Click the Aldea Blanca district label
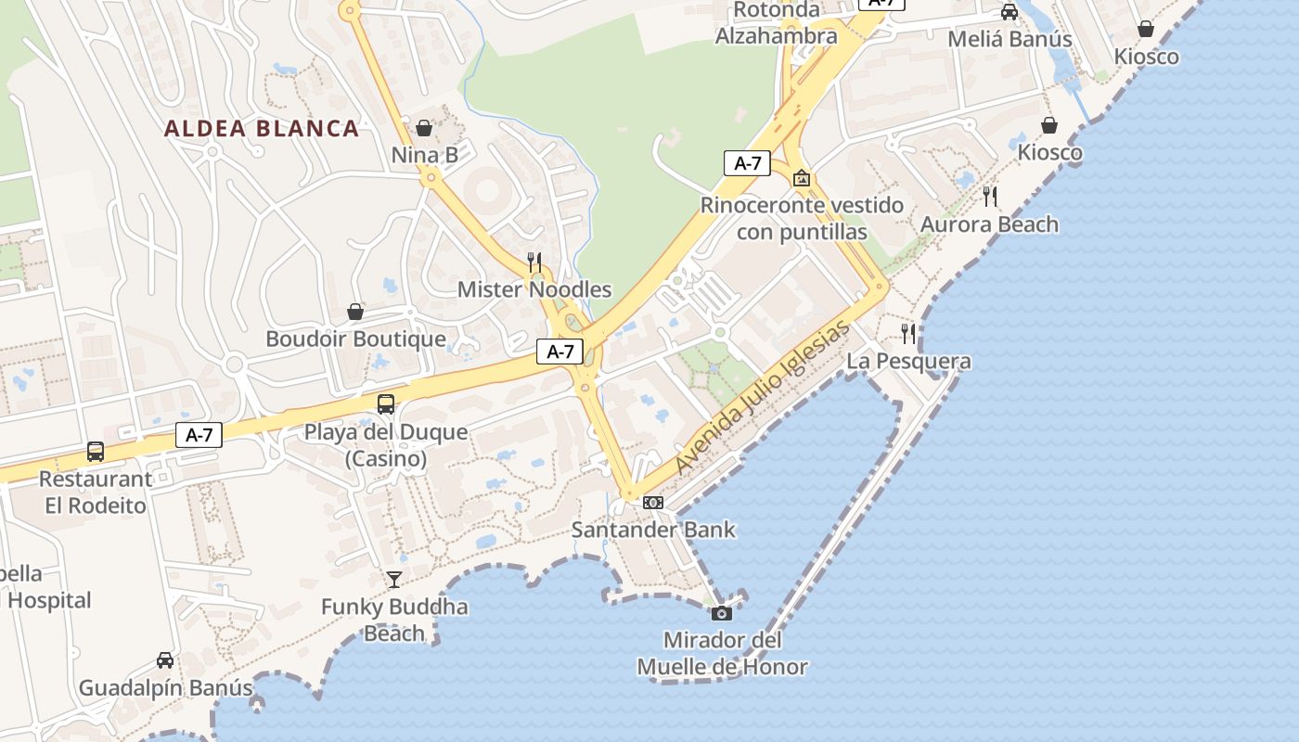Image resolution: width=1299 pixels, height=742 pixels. click(x=262, y=128)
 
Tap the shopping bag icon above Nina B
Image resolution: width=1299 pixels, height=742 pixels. click(x=424, y=128)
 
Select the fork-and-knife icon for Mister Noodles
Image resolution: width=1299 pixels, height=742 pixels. click(x=534, y=262)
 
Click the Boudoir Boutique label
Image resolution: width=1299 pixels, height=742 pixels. click(x=355, y=339)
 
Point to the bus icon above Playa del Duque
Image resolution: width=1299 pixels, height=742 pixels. click(x=385, y=404)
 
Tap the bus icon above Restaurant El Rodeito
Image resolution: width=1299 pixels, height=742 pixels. click(x=95, y=452)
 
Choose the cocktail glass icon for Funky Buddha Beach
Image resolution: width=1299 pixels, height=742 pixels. click(x=394, y=580)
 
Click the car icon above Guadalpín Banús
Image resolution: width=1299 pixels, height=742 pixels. click(x=165, y=660)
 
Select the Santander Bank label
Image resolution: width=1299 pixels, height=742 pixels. click(x=652, y=530)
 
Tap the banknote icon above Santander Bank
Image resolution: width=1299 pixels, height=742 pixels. click(x=652, y=503)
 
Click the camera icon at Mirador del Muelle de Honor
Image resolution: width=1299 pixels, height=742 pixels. click(x=721, y=613)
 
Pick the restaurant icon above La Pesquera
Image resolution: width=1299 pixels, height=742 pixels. click(x=908, y=334)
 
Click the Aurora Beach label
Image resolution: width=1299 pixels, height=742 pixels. click(x=989, y=224)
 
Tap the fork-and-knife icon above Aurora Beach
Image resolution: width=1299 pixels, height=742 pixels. click(x=990, y=197)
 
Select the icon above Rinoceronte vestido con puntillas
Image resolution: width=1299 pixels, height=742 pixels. click(x=802, y=177)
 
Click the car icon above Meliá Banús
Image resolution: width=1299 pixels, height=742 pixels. click(x=1010, y=12)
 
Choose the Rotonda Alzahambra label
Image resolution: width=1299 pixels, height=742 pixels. click(x=776, y=23)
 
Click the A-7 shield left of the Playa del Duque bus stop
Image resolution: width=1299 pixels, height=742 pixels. click(x=199, y=434)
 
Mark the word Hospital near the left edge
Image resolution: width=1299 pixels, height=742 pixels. click(x=49, y=600)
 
